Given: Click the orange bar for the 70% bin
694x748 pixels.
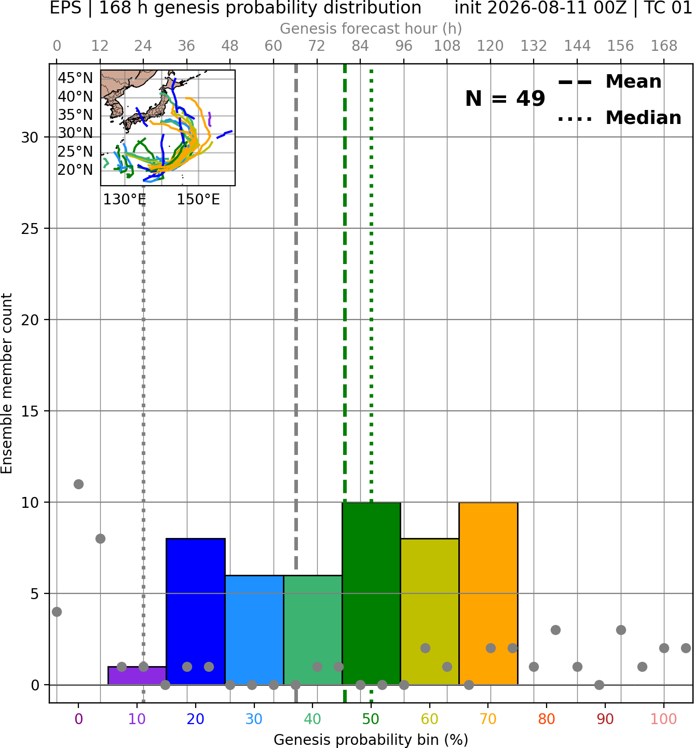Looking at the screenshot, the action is pyautogui.click(x=488, y=593).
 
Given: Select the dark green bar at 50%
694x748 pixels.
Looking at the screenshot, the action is pyautogui.click(x=371, y=593).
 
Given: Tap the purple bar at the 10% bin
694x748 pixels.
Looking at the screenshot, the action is pyautogui.click(x=137, y=675).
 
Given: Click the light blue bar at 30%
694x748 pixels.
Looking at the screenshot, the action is pyautogui.click(x=254, y=630).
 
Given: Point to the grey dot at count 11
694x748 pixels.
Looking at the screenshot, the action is pyautogui.click(x=78, y=484).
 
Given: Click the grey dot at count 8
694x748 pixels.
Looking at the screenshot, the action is pyautogui.click(x=100, y=538).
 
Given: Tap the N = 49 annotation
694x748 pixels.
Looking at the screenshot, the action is pyautogui.click(x=505, y=99).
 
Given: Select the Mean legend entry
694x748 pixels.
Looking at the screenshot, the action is pyautogui.click(x=610, y=81).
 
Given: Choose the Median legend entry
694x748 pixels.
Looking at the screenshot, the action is pyautogui.click(x=620, y=118).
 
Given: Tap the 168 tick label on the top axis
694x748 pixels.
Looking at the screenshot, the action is pyautogui.click(x=664, y=46).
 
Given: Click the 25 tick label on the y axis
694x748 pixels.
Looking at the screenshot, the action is pyautogui.click(x=30, y=229).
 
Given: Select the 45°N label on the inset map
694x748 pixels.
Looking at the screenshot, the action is pyautogui.click(x=75, y=78).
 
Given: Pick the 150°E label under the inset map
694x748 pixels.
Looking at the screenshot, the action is pyautogui.click(x=198, y=199).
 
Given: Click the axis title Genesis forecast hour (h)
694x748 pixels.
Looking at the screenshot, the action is pyautogui.click(x=371, y=29).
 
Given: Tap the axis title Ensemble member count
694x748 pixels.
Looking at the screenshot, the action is pyautogui.click(x=7, y=383).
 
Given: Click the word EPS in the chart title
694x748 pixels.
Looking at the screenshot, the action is pyautogui.click(x=65, y=8).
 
